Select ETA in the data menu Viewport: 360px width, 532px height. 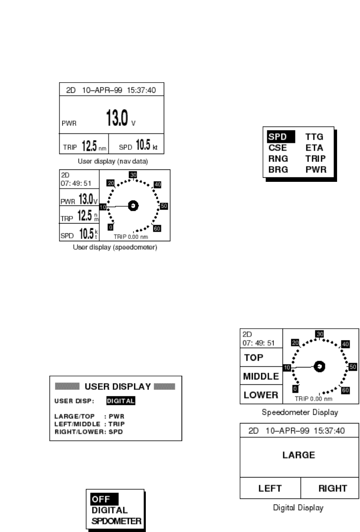point(314,148)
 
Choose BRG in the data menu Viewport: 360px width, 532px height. point(278,169)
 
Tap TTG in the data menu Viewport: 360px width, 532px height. point(314,137)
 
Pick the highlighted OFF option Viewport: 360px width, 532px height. point(101,499)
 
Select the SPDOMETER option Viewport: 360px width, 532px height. point(116,521)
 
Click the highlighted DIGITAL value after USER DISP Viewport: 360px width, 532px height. point(120,401)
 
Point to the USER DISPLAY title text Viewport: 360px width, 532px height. point(118,387)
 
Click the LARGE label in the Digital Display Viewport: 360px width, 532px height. point(299,455)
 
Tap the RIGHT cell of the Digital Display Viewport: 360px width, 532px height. point(333,488)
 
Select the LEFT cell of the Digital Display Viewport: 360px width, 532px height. point(270,488)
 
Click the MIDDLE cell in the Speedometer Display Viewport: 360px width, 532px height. point(261,376)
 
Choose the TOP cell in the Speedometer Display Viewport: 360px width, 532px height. point(254,358)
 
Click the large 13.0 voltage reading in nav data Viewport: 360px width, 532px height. point(117,118)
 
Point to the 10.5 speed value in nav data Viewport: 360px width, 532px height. point(143,145)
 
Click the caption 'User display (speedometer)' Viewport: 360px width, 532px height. point(115,247)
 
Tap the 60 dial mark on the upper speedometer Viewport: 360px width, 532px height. point(157,228)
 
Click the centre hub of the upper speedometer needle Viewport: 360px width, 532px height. point(133,206)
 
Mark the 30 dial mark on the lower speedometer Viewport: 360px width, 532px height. point(320,334)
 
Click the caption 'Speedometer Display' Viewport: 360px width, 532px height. point(300,412)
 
